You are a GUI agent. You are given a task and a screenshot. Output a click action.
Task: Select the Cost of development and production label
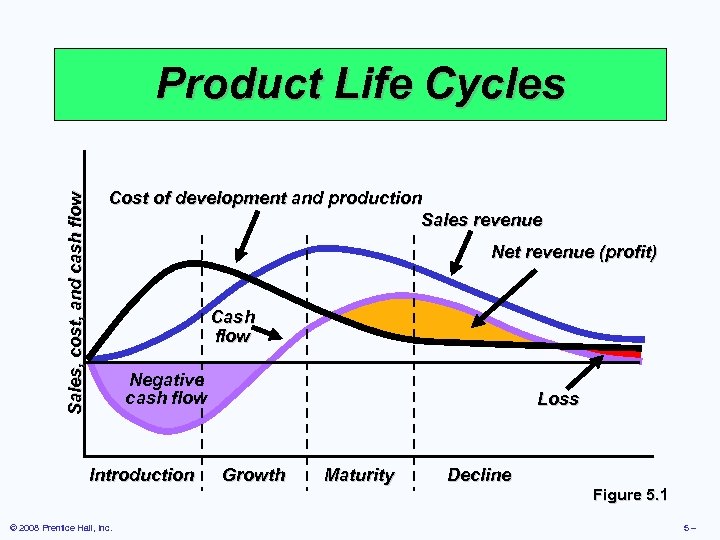tap(265, 198)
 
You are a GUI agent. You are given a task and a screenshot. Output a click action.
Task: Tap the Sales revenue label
tap(482, 220)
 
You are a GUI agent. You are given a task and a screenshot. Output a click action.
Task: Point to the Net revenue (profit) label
tap(574, 252)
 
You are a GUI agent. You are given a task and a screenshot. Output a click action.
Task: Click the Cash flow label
tap(233, 327)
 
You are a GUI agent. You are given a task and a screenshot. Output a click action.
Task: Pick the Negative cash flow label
tap(166, 389)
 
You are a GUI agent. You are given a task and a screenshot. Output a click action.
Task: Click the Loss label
tap(557, 399)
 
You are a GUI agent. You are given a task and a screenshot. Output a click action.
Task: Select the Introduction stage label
tap(142, 475)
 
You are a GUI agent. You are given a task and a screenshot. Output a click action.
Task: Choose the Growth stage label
tap(253, 475)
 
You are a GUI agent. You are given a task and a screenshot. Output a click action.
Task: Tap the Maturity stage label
tap(359, 475)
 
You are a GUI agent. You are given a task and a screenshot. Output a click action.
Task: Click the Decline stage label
tap(479, 475)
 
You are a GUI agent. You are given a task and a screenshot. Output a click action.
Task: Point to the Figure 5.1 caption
tap(630, 495)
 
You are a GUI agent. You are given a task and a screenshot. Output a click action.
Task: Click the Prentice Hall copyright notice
tap(59, 527)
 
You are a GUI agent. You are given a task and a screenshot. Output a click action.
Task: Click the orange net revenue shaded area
tap(430, 318)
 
